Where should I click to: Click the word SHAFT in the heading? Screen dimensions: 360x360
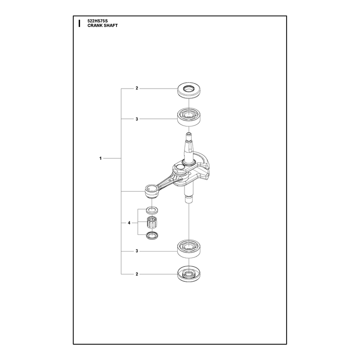click(x=111, y=26)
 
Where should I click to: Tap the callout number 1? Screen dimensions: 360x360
click(x=100, y=158)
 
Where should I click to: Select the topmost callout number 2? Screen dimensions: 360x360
click(x=137, y=88)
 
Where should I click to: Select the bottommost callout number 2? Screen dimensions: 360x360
click(x=137, y=274)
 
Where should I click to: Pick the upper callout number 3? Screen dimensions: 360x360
click(x=137, y=119)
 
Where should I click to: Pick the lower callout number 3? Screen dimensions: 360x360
click(x=137, y=251)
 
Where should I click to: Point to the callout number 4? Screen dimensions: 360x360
click(x=129, y=223)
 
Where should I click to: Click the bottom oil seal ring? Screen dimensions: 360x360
click(x=189, y=274)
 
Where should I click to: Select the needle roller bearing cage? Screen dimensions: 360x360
click(x=152, y=222)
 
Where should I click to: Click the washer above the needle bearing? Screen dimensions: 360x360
click(x=152, y=210)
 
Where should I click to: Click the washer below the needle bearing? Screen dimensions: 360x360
click(x=152, y=235)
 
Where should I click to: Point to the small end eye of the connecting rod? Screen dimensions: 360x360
click(x=152, y=191)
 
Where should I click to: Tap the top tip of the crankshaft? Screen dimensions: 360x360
click(x=189, y=133)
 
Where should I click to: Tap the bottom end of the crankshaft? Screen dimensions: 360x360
click(x=189, y=201)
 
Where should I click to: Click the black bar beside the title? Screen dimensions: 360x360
click(x=79, y=23)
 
